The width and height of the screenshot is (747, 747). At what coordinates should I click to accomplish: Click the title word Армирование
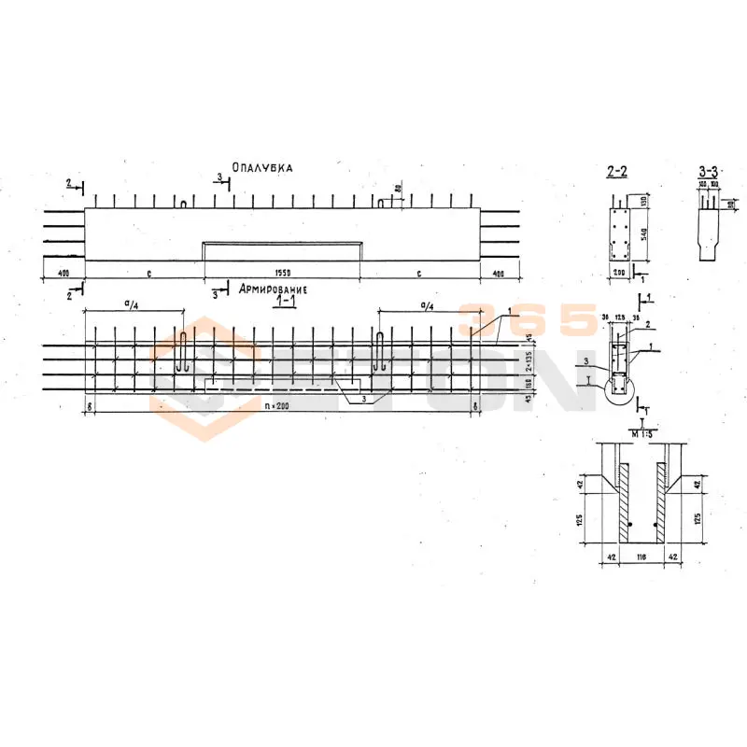[275, 289]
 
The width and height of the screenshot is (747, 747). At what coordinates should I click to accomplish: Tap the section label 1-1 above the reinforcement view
[280, 303]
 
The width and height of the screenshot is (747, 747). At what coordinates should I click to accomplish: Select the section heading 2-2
[616, 171]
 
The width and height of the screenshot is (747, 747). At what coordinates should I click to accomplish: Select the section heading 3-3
[708, 171]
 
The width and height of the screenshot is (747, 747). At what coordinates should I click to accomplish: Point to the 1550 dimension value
[283, 274]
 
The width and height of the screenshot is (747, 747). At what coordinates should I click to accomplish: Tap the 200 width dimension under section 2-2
[617, 272]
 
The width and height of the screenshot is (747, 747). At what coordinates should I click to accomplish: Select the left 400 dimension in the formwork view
[63, 274]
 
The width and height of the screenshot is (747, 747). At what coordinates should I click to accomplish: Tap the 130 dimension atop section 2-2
[643, 204]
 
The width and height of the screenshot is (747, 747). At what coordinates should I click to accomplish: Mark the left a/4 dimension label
[132, 304]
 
